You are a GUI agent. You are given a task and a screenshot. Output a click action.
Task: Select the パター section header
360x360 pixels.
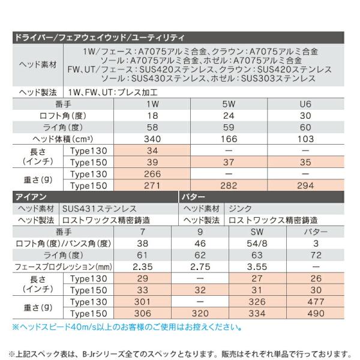click(x=193, y=196)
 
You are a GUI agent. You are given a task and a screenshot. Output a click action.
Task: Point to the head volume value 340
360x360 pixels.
click(x=152, y=139)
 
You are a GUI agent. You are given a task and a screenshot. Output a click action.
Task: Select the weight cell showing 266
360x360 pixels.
click(x=152, y=174)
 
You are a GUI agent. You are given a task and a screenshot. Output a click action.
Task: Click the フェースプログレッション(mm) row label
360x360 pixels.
click(x=63, y=266)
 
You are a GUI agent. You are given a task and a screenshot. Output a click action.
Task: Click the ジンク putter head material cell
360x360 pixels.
click(x=241, y=208)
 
